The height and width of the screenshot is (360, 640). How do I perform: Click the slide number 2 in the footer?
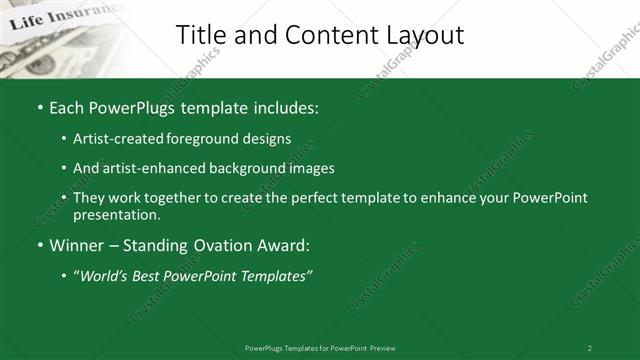[589, 347]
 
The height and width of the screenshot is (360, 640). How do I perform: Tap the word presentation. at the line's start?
[116, 214]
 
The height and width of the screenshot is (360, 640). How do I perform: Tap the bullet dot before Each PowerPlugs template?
[39, 108]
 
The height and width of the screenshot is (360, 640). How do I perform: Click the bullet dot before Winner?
[39, 245]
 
